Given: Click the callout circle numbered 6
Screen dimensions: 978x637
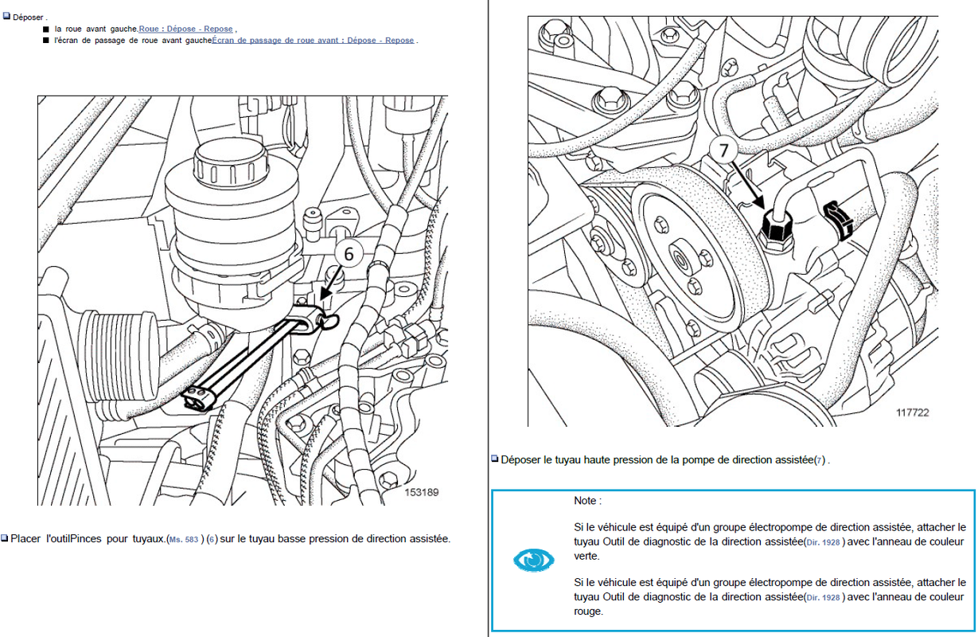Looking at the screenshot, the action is [349, 253].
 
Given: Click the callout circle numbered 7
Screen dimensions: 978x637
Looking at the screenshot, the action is [723, 150].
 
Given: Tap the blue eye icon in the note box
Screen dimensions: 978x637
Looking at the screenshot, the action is [533, 560].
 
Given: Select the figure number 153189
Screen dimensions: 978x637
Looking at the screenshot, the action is [421, 492].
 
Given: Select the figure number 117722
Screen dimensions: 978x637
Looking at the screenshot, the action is [913, 412].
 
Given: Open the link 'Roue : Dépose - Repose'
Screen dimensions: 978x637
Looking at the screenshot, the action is [185, 29].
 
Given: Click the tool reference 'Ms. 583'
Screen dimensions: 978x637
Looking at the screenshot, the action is [183, 540].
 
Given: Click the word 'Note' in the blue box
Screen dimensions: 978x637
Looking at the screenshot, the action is [585, 501].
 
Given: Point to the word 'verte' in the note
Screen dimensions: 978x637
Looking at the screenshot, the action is [585, 556].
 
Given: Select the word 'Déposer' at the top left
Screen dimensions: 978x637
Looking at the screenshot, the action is [28, 18].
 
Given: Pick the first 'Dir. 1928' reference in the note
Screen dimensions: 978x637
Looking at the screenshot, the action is [823, 542].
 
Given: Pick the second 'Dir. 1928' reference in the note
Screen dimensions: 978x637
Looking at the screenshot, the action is [823, 598].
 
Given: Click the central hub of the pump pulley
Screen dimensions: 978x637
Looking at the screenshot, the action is [680, 261].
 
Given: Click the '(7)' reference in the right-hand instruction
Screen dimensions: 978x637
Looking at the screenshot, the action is [820, 460].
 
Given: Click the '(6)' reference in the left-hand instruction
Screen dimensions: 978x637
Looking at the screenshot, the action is [212, 539].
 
